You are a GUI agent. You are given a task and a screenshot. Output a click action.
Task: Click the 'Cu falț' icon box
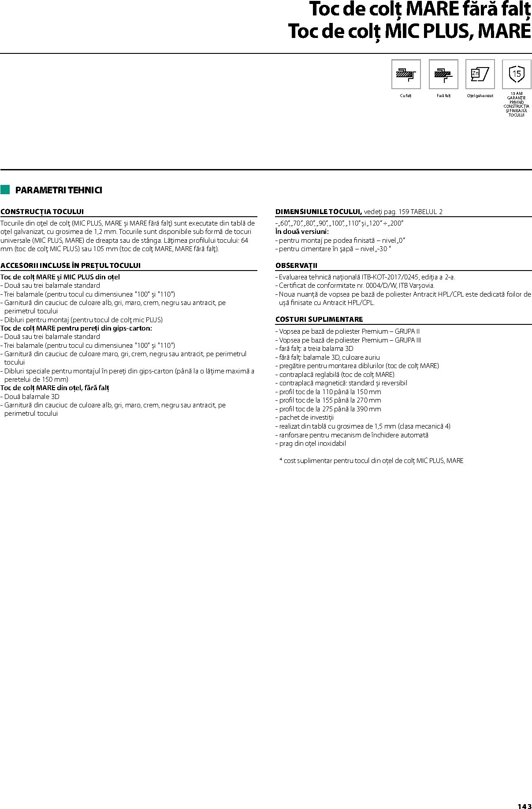(406, 74)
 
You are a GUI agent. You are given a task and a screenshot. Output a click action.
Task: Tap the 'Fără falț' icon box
(443, 74)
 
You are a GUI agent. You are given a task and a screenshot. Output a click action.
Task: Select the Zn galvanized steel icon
(480, 74)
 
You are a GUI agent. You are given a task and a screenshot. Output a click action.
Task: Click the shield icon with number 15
(517, 74)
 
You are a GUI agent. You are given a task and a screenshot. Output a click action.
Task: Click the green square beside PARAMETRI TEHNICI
(5, 190)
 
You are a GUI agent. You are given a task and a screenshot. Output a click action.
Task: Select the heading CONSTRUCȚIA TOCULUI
(42, 212)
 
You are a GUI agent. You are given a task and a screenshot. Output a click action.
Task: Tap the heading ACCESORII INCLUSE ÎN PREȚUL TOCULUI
(71, 266)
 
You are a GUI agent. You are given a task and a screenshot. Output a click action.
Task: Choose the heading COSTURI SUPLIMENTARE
(319, 319)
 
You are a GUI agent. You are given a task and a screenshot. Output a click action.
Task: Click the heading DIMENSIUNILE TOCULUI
(319, 212)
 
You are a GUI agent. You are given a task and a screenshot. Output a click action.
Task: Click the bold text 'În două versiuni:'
(302, 232)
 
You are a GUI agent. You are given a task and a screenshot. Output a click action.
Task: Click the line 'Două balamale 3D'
(31, 396)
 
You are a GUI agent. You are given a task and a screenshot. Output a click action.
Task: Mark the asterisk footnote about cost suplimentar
(371, 461)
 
